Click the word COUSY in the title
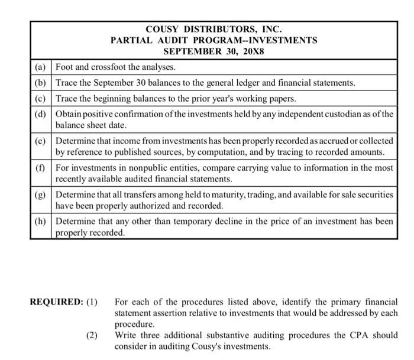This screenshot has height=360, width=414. point(162,28)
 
